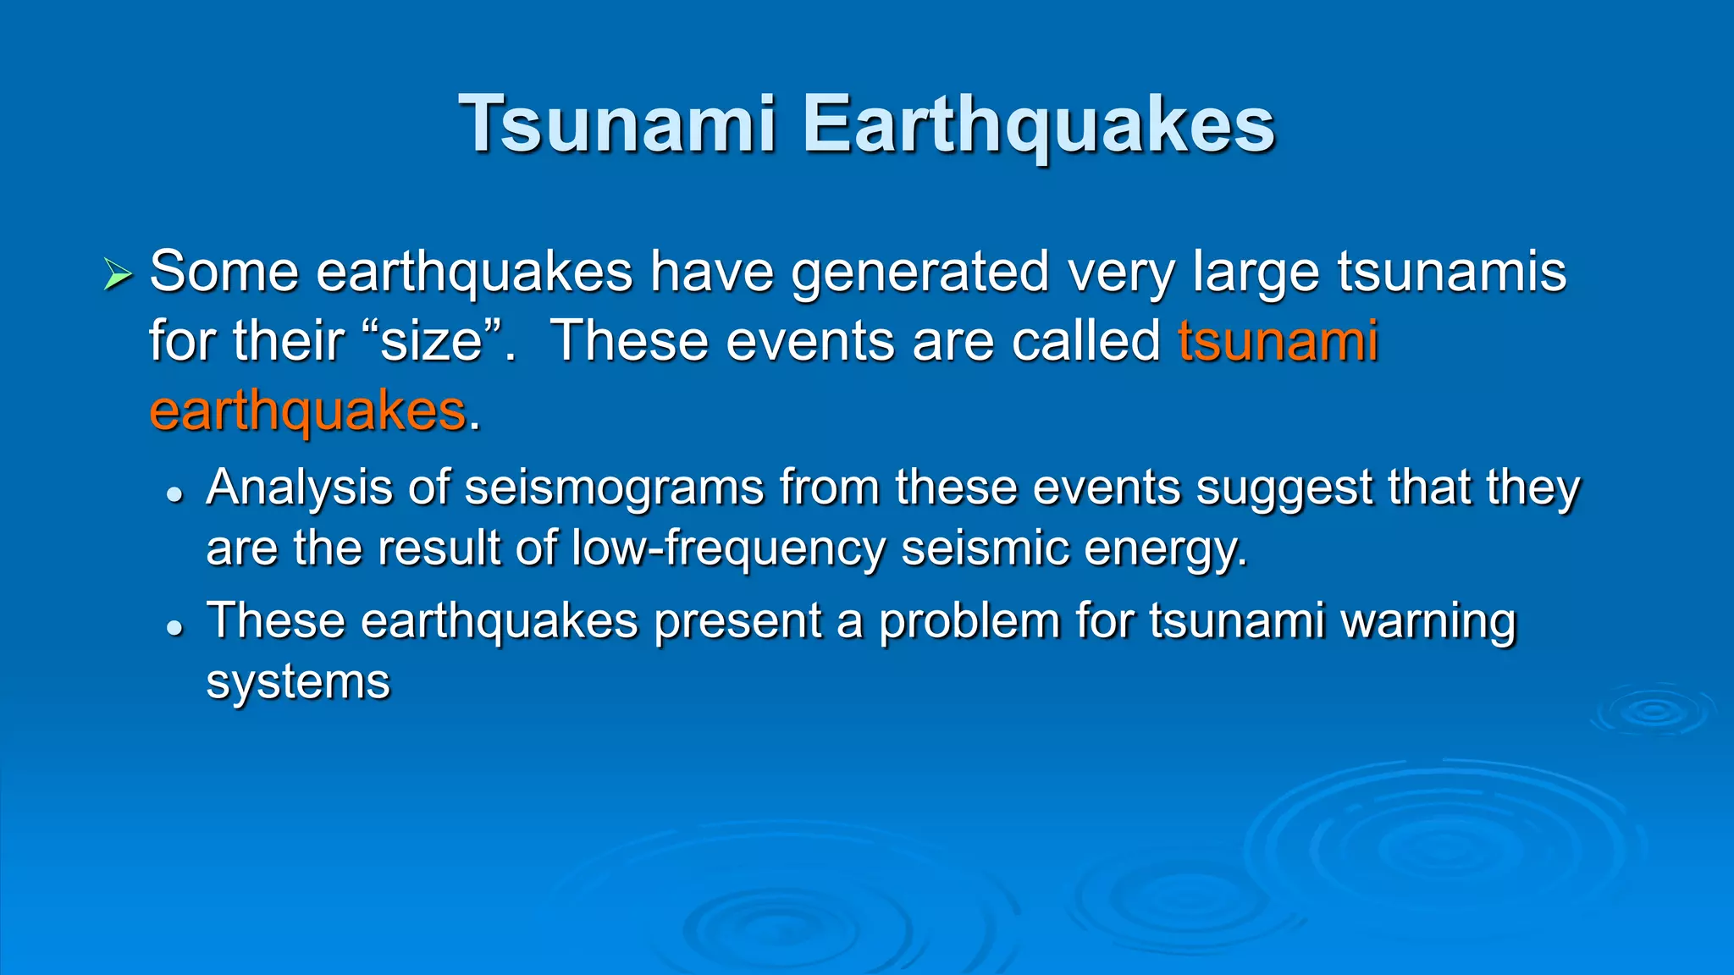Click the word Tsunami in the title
(616, 124)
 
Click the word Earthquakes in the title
(1038, 124)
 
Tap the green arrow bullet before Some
(118, 274)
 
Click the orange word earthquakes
(307, 411)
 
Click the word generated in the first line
(919, 273)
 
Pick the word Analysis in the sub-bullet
(299, 488)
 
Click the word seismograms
(615, 488)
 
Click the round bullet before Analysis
(175, 494)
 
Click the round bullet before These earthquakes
(175, 627)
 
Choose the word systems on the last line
(298, 682)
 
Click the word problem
(969, 621)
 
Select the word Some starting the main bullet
(224, 273)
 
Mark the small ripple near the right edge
(1653, 711)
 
